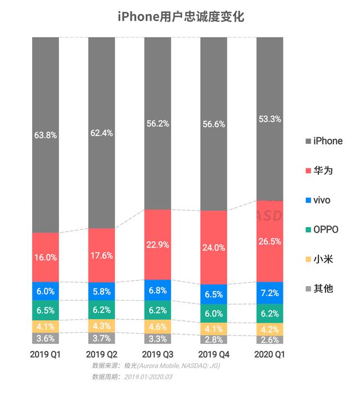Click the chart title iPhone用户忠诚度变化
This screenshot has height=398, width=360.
click(180, 16)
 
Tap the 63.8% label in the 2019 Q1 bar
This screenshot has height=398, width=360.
click(46, 135)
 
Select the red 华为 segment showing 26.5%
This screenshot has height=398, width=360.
click(270, 241)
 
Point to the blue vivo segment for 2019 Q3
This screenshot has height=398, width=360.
click(157, 291)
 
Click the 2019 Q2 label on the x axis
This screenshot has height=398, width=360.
click(101, 355)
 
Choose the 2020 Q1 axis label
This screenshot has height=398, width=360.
click(270, 355)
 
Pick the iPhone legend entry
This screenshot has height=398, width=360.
click(323, 141)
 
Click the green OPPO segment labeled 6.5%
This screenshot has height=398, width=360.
click(46, 310)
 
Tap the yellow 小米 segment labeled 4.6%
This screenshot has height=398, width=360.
click(157, 326)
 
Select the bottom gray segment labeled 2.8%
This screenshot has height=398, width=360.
click(214, 340)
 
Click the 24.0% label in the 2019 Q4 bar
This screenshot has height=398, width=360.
click(214, 247)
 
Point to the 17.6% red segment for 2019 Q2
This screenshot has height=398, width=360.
click(101, 255)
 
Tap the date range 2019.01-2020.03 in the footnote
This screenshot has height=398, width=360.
click(147, 377)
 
